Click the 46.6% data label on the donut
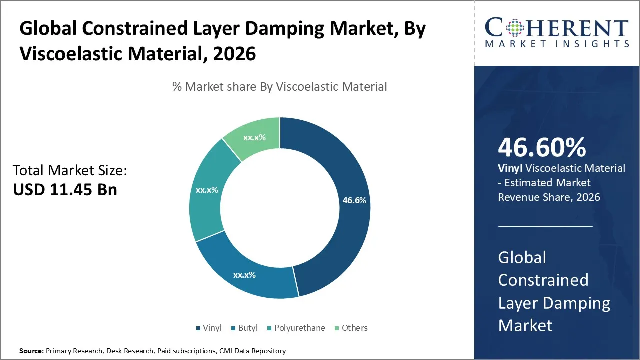pyautogui.click(x=354, y=200)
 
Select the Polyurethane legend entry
pyautogui.click(x=298, y=328)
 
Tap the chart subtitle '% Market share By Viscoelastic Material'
pyautogui.click(x=279, y=86)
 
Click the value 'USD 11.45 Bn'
pyautogui.click(x=65, y=190)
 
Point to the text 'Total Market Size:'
pyautogui.click(x=70, y=171)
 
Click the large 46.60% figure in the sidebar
pyautogui.click(x=542, y=148)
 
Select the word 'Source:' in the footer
pyautogui.click(x=31, y=351)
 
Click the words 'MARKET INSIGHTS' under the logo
pyautogui.click(x=556, y=44)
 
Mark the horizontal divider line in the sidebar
pyautogui.click(x=545, y=226)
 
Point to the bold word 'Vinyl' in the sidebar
pyautogui.click(x=510, y=168)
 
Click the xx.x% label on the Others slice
pyautogui.click(x=254, y=138)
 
